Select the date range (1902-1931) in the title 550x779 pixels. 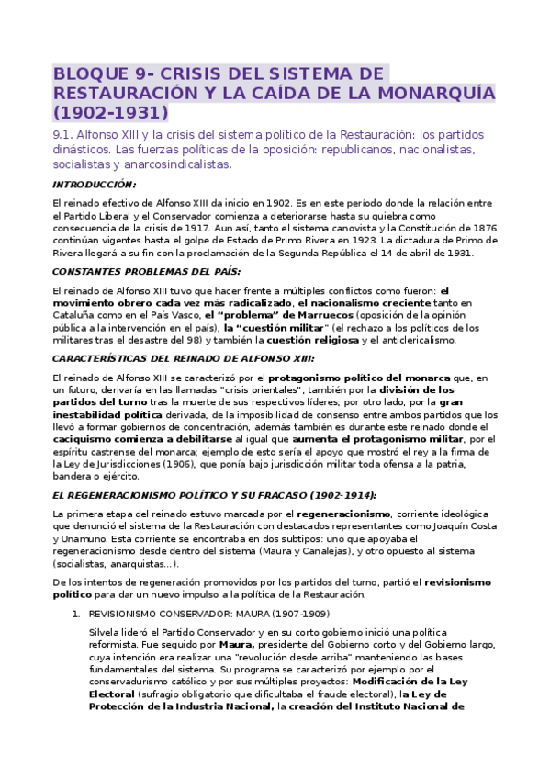pos(111,113)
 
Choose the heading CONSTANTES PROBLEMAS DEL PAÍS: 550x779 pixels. pos(146,272)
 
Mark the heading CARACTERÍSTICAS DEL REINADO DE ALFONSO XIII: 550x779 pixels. pos(184,358)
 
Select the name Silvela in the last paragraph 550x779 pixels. pos(108,634)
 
